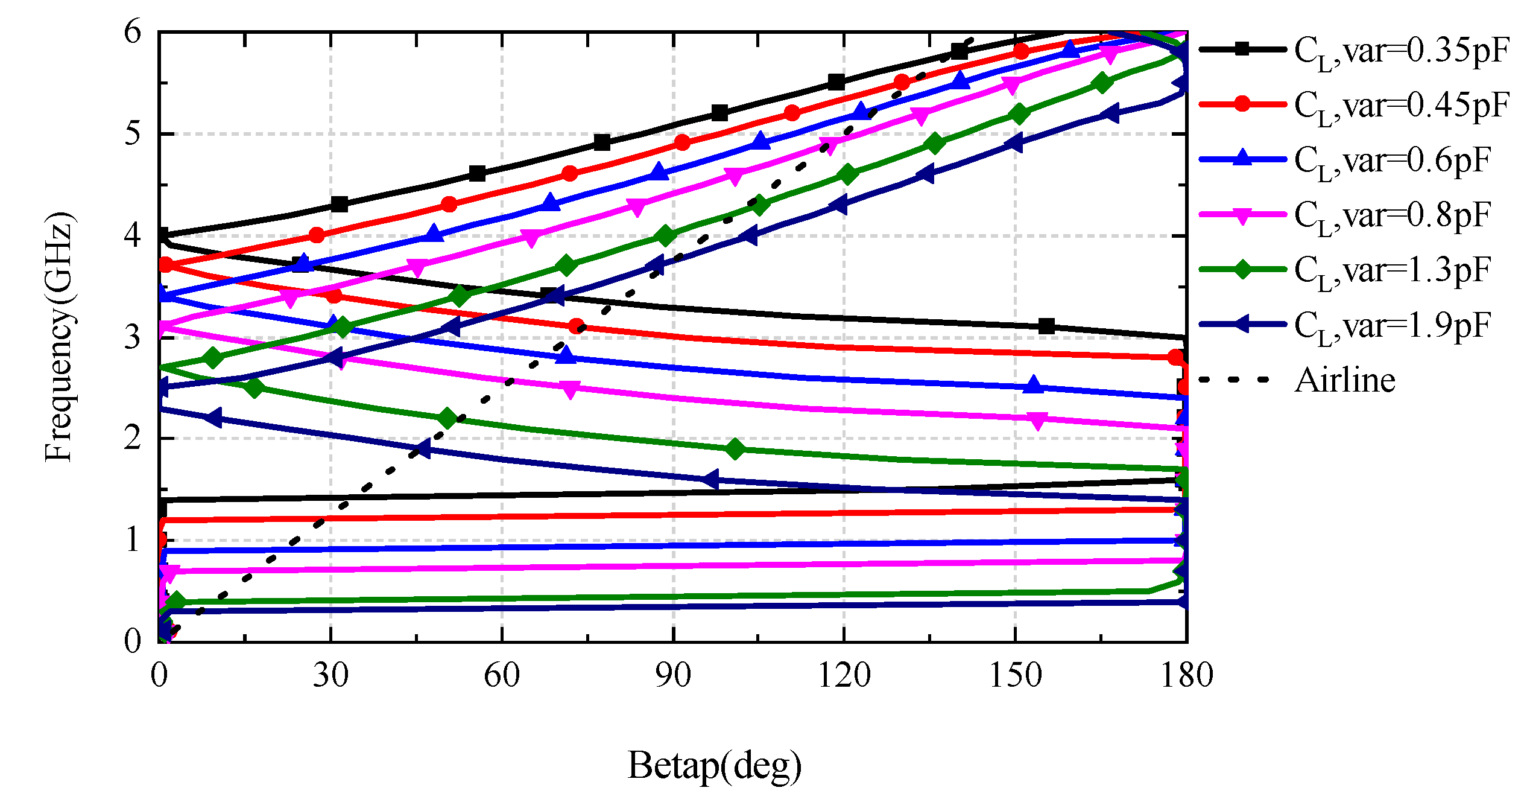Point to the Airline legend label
click(1345, 380)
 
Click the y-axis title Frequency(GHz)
click(59, 337)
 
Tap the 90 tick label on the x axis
click(673, 675)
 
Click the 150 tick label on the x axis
click(1016, 675)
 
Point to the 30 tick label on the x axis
click(330, 675)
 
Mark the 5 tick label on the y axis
click(133, 133)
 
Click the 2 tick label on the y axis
click(133, 438)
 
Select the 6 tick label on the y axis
click(133, 31)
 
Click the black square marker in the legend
click(1242, 49)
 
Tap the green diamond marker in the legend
click(1242, 269)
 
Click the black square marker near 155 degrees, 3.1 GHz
click(1046, 326)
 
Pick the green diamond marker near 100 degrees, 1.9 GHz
click(735, 449)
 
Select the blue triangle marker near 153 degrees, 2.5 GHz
click(1034, 385)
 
